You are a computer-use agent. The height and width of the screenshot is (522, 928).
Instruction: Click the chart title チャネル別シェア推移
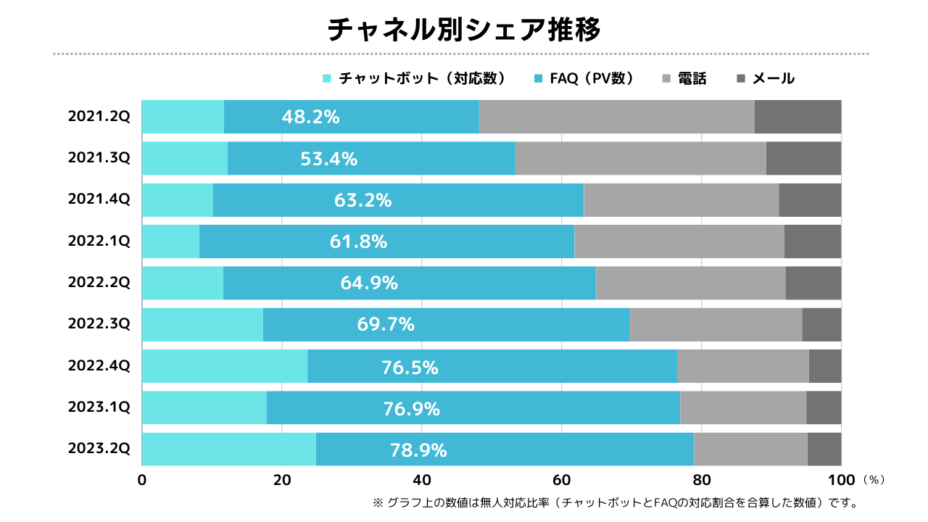click(464, 30)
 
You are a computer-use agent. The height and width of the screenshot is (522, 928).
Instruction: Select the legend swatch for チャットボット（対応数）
click(327, 78)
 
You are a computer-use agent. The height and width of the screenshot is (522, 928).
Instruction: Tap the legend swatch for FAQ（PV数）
click(537, 78)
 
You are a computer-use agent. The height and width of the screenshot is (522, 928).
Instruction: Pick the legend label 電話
click(692, 78)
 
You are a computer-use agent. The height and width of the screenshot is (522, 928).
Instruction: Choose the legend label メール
click(774, 78)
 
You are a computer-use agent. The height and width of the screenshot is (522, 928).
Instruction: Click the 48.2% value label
click(311, 117)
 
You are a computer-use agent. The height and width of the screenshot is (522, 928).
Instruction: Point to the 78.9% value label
click(418, 450)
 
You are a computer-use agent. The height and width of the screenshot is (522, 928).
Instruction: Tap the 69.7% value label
click(386, 325)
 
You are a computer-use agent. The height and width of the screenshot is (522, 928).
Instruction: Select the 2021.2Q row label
click(99, 117)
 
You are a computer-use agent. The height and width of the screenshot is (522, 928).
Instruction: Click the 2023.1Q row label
click(99, 408)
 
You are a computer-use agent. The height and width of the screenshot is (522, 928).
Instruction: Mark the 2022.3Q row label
click(99, 325)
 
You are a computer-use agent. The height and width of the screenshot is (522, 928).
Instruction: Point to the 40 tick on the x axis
click(422, 480)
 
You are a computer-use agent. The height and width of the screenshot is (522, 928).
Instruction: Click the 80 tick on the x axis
click(702, 480)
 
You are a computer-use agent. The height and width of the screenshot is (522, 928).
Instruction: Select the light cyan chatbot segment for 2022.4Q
click(225, 366)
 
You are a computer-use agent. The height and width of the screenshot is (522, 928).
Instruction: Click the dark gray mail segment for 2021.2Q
click(797, 117)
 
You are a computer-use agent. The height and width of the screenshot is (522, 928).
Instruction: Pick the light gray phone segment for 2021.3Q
click(640, 158)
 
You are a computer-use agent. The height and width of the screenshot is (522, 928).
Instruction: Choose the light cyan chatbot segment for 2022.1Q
click(170, 241)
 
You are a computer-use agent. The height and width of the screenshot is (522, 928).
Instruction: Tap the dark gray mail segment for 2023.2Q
click(824, 449)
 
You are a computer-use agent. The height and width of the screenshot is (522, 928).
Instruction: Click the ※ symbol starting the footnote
click(377, 502)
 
